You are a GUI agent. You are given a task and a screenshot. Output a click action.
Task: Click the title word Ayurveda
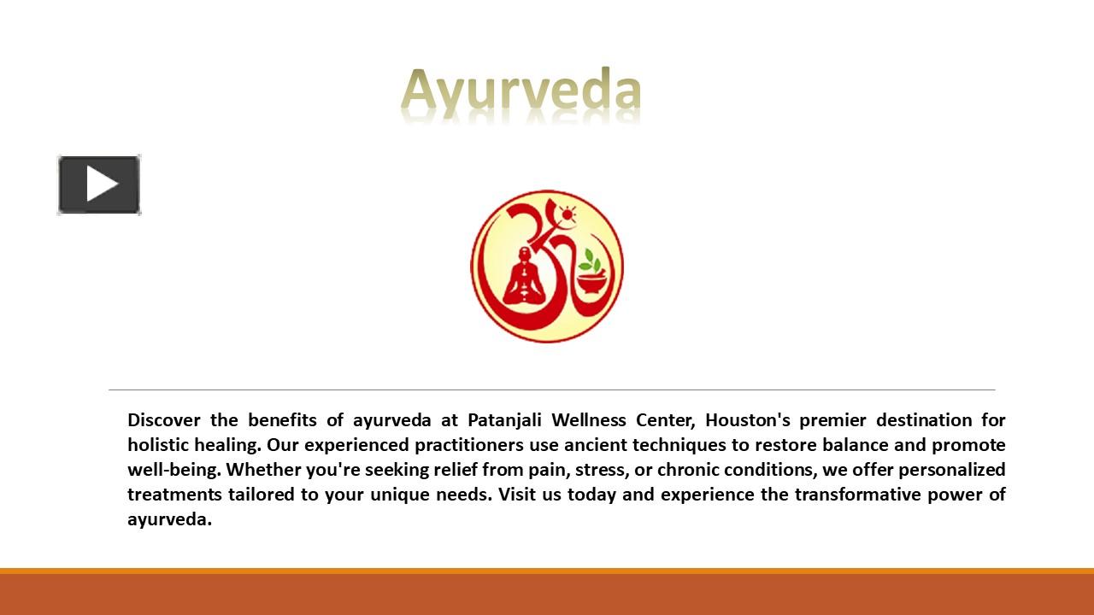coord(521,92)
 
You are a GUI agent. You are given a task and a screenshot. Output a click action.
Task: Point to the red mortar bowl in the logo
coord(589,284)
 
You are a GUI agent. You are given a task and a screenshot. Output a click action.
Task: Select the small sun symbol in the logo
coord(567,211)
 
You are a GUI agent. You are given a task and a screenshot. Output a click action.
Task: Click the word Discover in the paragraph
coord(164,420)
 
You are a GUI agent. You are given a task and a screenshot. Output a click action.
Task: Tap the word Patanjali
coord(504,420)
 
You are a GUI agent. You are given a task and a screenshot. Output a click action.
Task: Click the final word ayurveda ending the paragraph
coord(169,519)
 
